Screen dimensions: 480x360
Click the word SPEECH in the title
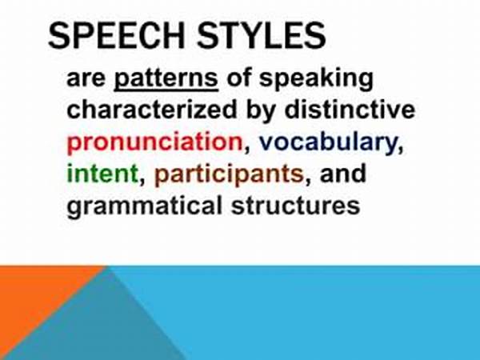pyautogui.click(x=116, y=35)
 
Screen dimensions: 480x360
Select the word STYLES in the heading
pyautogui.click(x=261, y=35)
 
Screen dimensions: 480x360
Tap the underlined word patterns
pyautogui.click(x=166, y=79)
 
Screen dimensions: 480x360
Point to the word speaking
pyautogui.click(x=316, y=79)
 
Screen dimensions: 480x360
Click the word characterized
pyautogui.click(x=152, y=110)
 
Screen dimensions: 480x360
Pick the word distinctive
pyautogui.click(x=350, y=109)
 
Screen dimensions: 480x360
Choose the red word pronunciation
pyautogui.click(x=155, y=142)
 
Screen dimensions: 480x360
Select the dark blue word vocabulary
pyautogui.click(x=328, y=142)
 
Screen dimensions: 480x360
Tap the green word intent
pyautogui.click(x=102, y=174)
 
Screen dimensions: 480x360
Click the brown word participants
pyautogui.click(x=229, y=174)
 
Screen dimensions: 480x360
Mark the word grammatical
pyautogui.click(x=144, y=206)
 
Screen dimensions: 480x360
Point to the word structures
pyautogui.click(x=296, y=205)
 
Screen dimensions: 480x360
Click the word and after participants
pyautogui.click(x=343, y=173)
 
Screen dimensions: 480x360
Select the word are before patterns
pyautogui.click(x=86, y=80)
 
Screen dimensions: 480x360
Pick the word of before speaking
pyautogui.click(x=238, y=78)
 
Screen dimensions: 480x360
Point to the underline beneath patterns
pyautogui.click(x=166, y=90)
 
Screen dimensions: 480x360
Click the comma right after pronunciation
pyautogui.click(x=246, y=150)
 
